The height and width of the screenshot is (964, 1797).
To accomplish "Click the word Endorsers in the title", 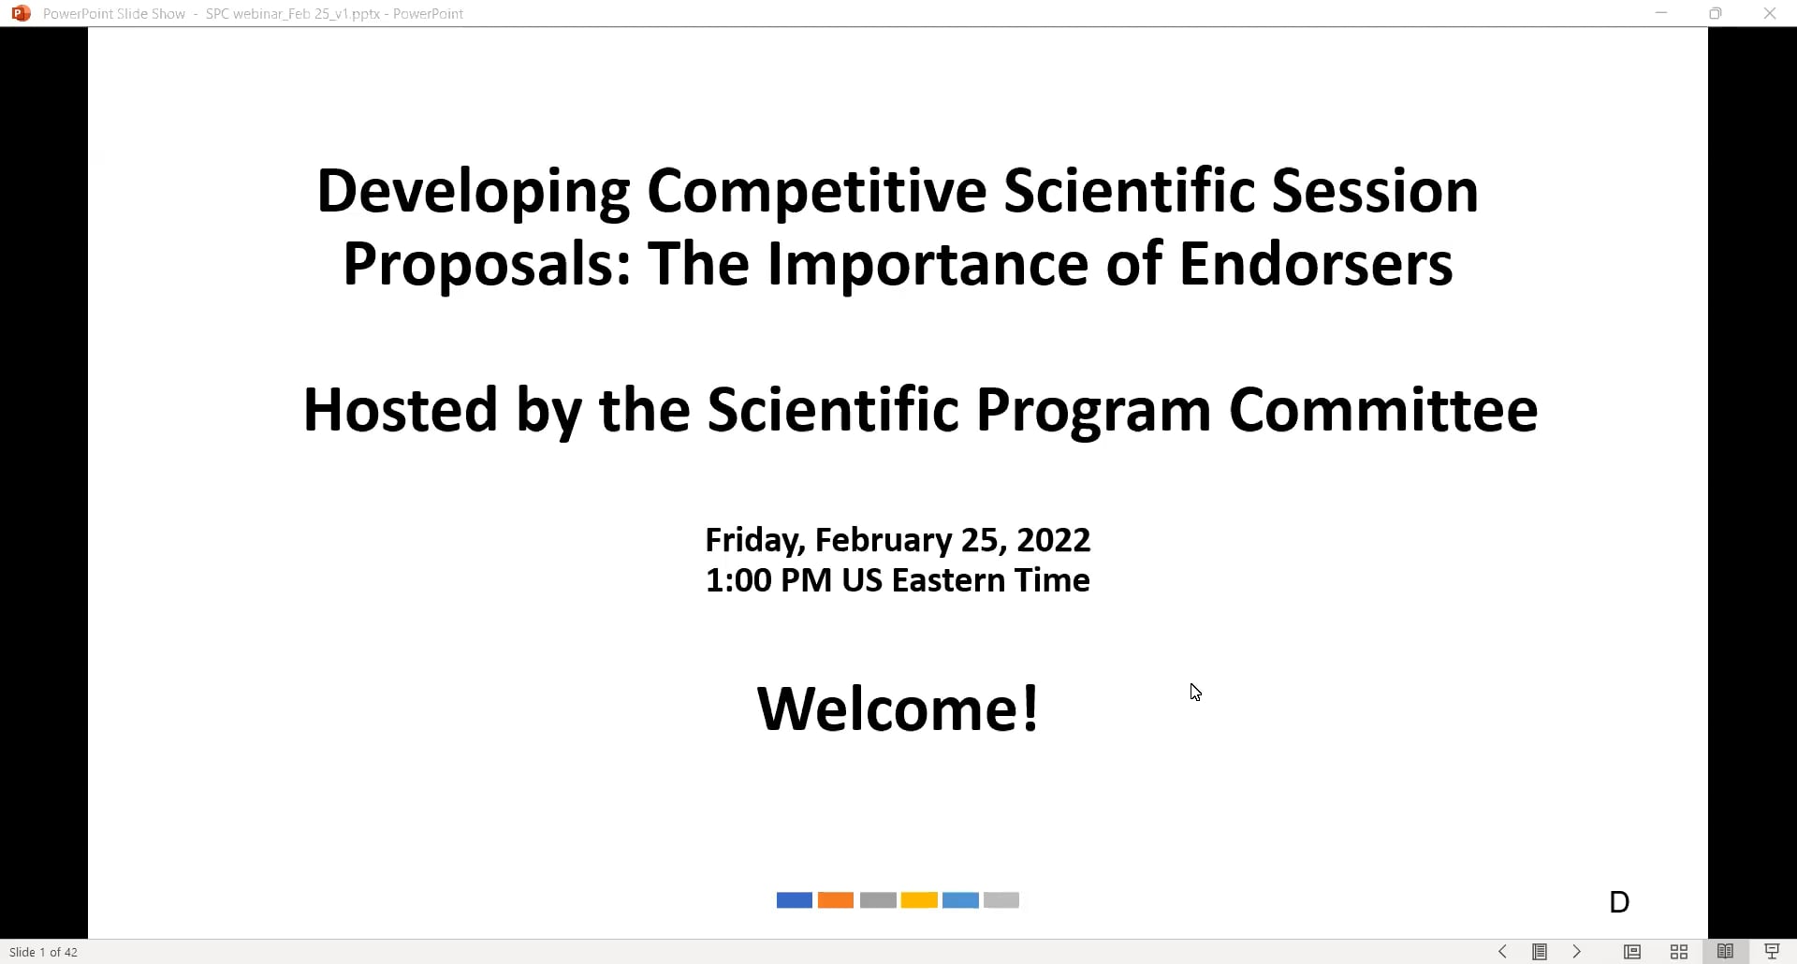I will pyautogui.click(x=1315, y=264).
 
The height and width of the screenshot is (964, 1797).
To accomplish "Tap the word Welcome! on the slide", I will pyautogui.click(x=898, y=708).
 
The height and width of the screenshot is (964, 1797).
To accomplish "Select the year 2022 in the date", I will pyautogui.click(x=1053, y=540).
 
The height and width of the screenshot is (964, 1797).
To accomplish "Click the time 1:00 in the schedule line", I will pyautogui.click(x=738, y=580).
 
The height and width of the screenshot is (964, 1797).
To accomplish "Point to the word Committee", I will pyautogui.click(x=1382, y=410).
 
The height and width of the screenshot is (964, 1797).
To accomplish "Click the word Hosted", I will pyautogui.click(x=400, y=410).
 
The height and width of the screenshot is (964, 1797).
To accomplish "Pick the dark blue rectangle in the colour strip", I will pyautogui.click(x=794, y=900).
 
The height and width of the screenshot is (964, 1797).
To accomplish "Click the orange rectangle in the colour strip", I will pyautogui.click(x=835, y=900).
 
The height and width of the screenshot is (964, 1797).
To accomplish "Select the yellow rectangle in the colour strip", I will pyautogui.click(x=919, y=900).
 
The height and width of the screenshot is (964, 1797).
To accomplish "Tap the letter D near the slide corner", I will pyautogui.click(x=1619, y=902).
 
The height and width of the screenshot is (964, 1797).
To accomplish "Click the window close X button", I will pyautogui.click(x=1770, y=13).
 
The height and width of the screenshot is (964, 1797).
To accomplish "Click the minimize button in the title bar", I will pyautogui.click(x=1661, y=13).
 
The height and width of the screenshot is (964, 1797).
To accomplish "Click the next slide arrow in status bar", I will pyautogui.click(x=1577, y=952).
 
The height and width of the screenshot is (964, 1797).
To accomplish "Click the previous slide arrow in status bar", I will pyautogui.click(x=1502, y=952).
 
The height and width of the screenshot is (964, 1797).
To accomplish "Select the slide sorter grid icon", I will pyautogui.click(x=1679, y=952).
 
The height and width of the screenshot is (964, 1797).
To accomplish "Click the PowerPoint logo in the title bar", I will pyautogui.click(x=21, y=13).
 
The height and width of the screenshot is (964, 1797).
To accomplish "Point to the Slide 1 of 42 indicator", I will pyautogui.click(x=44, y=952).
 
